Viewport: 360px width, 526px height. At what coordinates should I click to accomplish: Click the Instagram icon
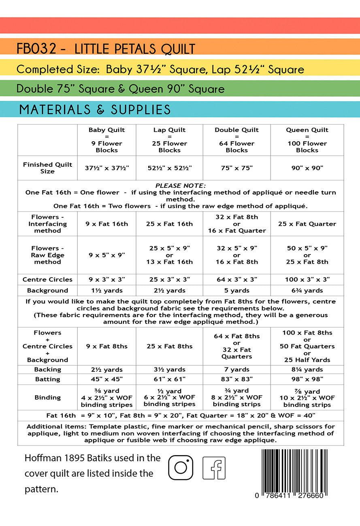[x=181, y=468]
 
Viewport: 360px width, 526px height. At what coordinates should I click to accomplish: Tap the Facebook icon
[x=214, y=468]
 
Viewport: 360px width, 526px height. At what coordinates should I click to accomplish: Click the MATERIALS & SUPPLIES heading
[x=95, y=110]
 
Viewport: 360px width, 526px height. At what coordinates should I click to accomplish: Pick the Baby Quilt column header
[x=107, y=140]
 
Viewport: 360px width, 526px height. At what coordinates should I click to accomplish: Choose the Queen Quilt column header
[x=307, y=140]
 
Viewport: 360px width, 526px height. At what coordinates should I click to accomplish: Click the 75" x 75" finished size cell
[x=236, y=168]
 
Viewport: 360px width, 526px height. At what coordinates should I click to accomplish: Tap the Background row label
[x=47, y=291]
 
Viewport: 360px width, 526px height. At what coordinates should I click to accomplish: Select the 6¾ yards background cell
[x=307, y=291]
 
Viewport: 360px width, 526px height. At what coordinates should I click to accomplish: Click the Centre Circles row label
[x=47, y=280]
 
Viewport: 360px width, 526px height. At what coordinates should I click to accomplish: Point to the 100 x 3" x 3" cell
[x=307, y=280]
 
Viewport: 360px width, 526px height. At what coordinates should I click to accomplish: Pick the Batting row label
[x=47, y=379]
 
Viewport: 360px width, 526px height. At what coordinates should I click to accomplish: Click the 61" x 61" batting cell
[x=169, y=379]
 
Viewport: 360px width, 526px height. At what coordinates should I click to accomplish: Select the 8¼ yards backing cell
[x=307, y=369]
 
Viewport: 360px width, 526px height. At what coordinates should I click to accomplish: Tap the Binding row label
[x=47, y=397]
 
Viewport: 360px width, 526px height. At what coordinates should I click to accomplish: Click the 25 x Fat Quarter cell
[x=307, y=224]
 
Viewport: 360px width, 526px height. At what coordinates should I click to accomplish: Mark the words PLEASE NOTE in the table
[x=181, y=186]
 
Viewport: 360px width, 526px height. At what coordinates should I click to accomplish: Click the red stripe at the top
[x=180, y=25]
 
